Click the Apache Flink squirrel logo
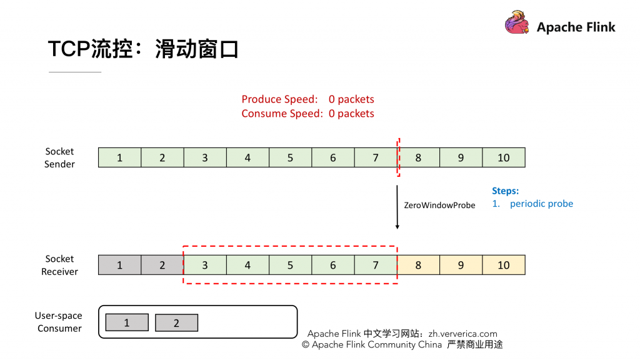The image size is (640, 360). click(x=517, y=22)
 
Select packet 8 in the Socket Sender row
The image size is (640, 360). click(x=418, y=157)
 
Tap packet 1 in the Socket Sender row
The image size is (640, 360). click(x=119, y=157)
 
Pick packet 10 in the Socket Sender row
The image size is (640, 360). click(x=504, y=157)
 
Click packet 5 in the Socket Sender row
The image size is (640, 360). click(x=290, y=157)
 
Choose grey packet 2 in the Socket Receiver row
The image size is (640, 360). click(x=162, y=265)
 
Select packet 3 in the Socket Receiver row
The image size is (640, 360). click(x=205, y=265)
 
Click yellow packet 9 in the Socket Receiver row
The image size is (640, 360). click(x=461, y=265)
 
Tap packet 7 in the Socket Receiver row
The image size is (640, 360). click(x=376, y=265)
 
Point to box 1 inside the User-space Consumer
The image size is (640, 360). click(x=127, y=322)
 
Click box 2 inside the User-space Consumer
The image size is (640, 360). click(x=176, y=322)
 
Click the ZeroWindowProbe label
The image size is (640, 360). click(x=439, y=205)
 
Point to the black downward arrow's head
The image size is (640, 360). click(x=397, y=226)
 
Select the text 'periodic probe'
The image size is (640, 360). click(x=541, y=204)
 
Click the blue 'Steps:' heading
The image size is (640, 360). click(x=505, y=191)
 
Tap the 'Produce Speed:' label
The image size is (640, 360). click(x=279, y=99)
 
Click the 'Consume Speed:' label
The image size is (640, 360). click(x=282, y=114)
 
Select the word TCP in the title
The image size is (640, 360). click(x=69, y=49)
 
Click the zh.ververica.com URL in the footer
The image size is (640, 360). click(x=463, y=334)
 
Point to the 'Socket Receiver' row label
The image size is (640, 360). click(x=59, y=265)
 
